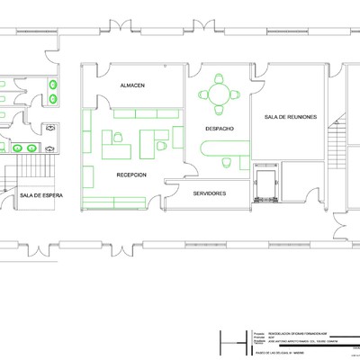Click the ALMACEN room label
coord(133,85)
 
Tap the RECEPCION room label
coord(131,175)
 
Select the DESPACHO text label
coord(220,129)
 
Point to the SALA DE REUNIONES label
coord(291,118)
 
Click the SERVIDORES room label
coord(209,193)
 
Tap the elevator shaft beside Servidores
coord(266,184)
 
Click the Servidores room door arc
coord(171,185)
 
